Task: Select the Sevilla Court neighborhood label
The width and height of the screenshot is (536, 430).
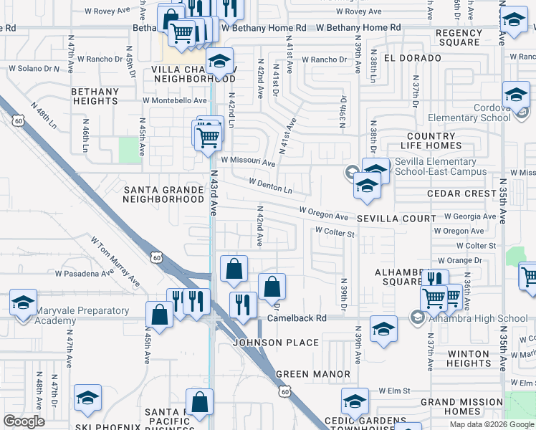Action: pyautogui.click(x=396, y=218)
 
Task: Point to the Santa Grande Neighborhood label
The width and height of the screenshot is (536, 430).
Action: pyautogui.click(x=164, y=194)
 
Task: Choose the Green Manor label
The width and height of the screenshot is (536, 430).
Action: pyautogui.click(x=313, y=374)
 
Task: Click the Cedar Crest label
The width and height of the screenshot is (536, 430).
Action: pyautogui.click(x=461, y=193)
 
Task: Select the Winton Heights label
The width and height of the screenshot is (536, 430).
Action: pyautogui.click(x=468, y=358)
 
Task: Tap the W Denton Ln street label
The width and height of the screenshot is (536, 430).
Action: pyautogui.click(x=270, y=186)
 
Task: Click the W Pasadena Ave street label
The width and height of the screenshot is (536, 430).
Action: pyautogui.click(x=85, y=274)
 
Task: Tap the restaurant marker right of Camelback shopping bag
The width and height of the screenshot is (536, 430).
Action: pyautogui.click(x=244, y=304)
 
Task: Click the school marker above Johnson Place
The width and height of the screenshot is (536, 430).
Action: pyautogui.click(x=383, y=328)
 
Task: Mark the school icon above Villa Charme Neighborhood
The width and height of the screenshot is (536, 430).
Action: pyautogui.click(x=220, y=60)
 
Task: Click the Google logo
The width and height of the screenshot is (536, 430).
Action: pyautogui.click(x=24, y=421)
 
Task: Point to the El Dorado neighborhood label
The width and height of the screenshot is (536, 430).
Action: pyautogui.click(x=412, y=57)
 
